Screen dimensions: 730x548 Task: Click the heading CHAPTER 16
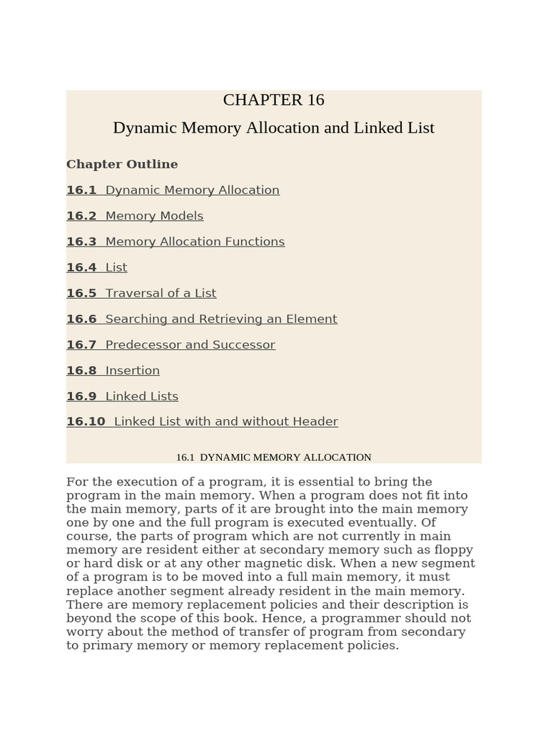pyautogui.click(x=273, y=101)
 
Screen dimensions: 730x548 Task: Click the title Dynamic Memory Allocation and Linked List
pyautogui.click(x=273, y=128)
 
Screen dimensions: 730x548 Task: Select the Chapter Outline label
pyautogui.click(x=122, y=165)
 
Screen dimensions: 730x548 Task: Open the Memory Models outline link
pyautogui.click(x=154, y=216)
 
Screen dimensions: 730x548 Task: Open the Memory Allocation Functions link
pyautogui.click(x=195, y=242)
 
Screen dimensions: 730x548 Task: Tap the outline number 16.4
pyautogui.click(x=81, y=267)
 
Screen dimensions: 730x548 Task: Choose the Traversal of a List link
pyautogui.click(x=161, y=293)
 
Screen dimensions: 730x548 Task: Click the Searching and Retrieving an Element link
pyautogui.click(x=221, y=319)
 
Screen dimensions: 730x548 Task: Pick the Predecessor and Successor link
pyautogui.click(x=190, y=344)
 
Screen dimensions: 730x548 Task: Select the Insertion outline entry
pyautogui.click(x=132, y=370)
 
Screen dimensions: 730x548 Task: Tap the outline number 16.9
pyautogui.click(x=81, y=396)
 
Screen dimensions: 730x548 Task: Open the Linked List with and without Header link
pyautogui.click(x=225, y=421)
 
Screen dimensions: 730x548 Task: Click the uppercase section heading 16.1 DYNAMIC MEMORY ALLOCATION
pyautogui.click(x=273, y=458)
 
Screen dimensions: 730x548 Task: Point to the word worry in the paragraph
pyautogui.click(x=83, y=632)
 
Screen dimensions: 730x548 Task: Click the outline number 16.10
pyautogui.click(x=86, y=421)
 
